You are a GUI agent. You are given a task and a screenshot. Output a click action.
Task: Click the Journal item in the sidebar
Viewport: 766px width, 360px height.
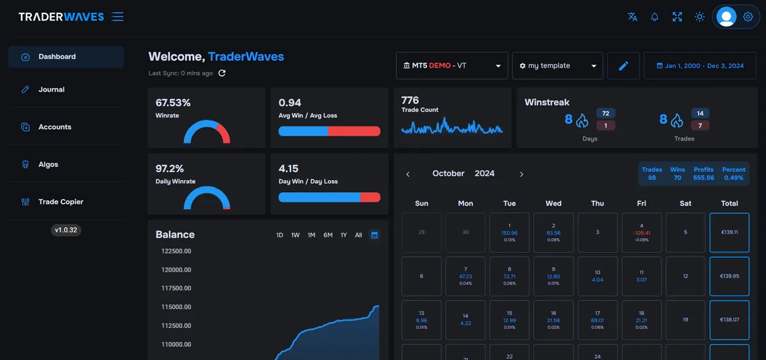click(51, 90)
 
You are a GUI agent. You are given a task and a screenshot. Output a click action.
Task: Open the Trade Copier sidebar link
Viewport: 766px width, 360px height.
click(61, 202)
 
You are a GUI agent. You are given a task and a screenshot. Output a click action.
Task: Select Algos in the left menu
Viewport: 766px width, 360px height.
click(48, 165)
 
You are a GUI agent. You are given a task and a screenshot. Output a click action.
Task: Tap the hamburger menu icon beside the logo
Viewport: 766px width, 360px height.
click(117, 17)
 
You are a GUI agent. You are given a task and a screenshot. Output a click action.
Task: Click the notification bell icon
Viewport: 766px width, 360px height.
click(654, 17)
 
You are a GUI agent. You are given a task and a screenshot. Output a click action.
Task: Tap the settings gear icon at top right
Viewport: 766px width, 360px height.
click(748, 17)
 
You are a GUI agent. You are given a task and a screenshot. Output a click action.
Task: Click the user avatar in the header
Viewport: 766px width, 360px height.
click(726, 17)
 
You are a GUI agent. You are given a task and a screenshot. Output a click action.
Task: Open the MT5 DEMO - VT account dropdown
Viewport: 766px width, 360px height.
click(452, 66)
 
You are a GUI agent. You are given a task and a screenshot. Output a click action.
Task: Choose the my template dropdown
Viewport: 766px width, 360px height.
click(557, 66)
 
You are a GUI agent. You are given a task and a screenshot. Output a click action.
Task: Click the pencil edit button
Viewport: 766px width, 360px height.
click(624, 66)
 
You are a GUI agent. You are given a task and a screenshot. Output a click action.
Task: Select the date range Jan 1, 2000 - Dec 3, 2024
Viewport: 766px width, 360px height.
click(700, 66)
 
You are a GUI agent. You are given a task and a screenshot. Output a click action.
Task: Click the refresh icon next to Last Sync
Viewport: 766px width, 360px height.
click(222, 73)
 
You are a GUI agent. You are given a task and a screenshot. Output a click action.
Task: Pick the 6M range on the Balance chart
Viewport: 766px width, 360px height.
click(327, 236)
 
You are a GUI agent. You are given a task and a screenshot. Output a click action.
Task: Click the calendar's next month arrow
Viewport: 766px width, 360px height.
click(522, 174)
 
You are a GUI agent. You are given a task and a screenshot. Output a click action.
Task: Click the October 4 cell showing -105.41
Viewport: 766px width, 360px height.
click(642, 232)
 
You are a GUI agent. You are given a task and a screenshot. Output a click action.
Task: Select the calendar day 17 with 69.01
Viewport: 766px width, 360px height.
click(597, 320)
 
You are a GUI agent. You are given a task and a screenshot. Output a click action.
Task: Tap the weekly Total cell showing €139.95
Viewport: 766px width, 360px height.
click(729, 276)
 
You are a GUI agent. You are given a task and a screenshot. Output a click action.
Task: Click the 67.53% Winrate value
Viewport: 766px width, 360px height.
click(173, 103)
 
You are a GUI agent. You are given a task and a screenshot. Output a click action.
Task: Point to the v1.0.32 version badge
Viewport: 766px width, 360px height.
click(66, 230)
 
